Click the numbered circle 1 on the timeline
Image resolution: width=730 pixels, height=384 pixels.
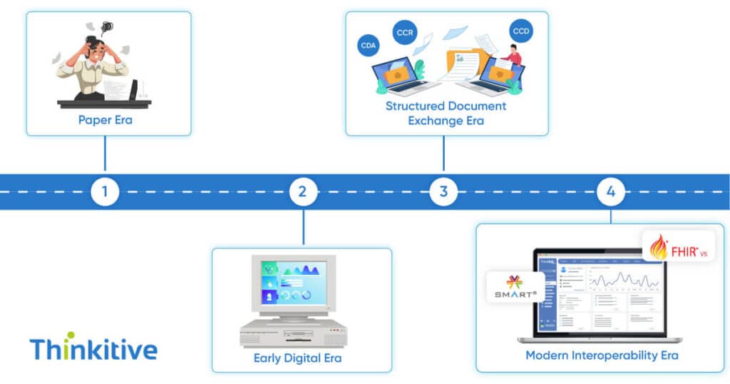pos(105,191)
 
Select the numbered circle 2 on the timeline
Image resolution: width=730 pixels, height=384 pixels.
pos(303,191)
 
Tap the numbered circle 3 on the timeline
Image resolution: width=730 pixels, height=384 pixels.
pos(443,191)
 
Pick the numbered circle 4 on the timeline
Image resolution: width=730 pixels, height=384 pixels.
pos(611,191)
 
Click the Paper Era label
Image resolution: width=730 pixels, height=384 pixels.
pos(106,120)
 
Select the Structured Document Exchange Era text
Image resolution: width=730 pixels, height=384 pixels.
pos(446,113)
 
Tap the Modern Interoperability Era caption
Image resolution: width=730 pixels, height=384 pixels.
pos(602,355)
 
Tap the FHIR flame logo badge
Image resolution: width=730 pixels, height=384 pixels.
pos(678,247)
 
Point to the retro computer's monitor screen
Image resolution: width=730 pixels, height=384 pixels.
pos(293,282)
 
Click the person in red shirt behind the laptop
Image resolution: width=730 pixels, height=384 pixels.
pos(513,55)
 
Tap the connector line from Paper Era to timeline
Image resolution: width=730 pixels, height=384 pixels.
pos(105,154)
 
